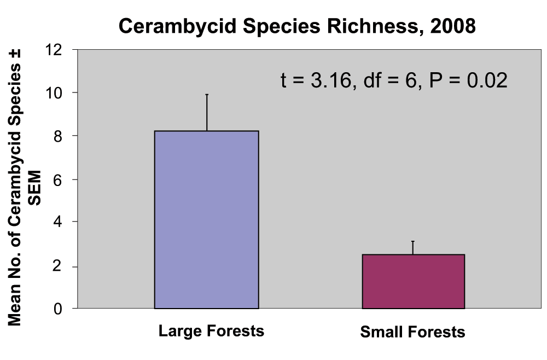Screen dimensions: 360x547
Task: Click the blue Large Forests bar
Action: coord(206,219)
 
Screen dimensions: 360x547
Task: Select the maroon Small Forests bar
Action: coord(413,281)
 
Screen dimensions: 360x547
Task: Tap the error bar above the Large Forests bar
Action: coord(207,112)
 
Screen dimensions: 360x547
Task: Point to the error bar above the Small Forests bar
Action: coord(413,247)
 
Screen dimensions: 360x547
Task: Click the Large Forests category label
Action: coord(211,331)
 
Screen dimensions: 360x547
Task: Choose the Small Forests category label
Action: coord(413,332)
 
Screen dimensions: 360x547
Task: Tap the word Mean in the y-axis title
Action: coord(15,306)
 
